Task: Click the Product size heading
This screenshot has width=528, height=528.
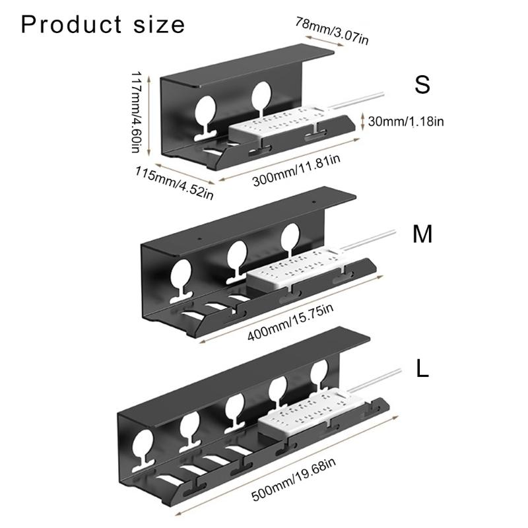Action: coord(103,24)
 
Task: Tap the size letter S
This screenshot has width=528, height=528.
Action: coord(422,85)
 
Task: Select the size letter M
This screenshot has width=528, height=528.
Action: coord(422,234)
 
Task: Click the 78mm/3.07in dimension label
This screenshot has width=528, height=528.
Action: coord(332,31)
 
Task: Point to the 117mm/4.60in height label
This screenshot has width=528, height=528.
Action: coord(136,112)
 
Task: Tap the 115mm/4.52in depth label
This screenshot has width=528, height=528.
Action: coord(174,183)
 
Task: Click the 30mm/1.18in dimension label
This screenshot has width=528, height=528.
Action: coord(406,121)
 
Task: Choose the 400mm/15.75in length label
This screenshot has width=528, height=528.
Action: coord(290,322)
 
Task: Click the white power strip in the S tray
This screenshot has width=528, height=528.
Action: coord(278,123)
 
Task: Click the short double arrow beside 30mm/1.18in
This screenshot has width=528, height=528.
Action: coord(362,121)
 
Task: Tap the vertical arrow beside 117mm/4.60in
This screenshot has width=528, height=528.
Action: coord(149,116)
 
